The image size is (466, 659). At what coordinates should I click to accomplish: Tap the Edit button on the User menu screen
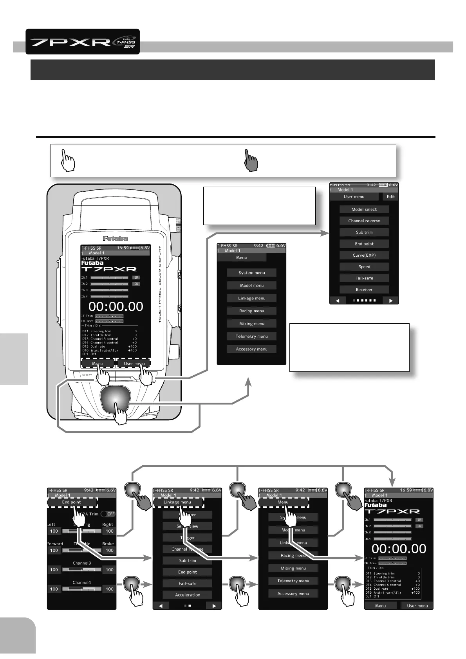click(x=390, y=197)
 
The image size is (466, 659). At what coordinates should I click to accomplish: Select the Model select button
click(x=364, y=209)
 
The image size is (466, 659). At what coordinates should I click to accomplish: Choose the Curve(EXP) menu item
click(x=364, y=255)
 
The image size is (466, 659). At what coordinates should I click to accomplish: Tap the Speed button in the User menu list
click(x=364, y=266)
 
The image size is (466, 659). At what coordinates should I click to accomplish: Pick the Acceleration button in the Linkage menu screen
click(x=188, y=595)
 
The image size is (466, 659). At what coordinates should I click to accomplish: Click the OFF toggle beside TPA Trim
click(x=108, y=514)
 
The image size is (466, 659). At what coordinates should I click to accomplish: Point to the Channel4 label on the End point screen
click(x=81, y=582)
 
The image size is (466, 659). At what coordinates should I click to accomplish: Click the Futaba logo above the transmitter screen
click(x=115, y=238)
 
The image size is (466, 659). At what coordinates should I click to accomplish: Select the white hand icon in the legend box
click(x=69, y=160)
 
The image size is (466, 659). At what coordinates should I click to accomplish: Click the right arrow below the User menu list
click(x=390, y=301)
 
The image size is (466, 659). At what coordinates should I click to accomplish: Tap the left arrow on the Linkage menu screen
click(x=161, y=606)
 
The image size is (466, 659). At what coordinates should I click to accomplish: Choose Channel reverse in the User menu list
click(x=364, y=221)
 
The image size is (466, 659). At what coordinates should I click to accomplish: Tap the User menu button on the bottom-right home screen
click(x=417, y=606)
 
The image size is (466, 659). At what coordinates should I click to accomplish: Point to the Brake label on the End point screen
click(x=108, y=544)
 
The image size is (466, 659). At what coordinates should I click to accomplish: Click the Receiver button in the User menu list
click(x=364, y=290)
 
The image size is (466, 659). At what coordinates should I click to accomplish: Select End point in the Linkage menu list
click(x=188, y=572)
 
